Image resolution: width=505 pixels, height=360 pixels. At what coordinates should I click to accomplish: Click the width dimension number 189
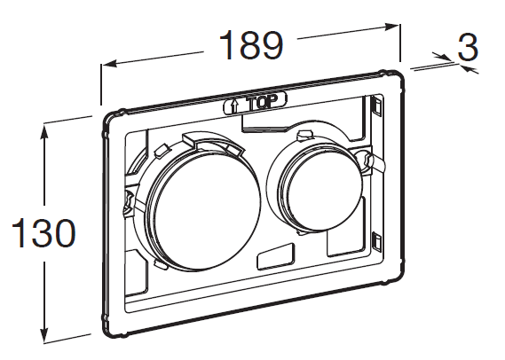[251, 45]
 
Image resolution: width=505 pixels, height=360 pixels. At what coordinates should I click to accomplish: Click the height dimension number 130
[43, 232]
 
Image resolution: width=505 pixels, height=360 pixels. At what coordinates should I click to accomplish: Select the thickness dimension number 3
[468, 48]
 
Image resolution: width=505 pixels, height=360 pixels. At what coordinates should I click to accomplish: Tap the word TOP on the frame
[261, 102]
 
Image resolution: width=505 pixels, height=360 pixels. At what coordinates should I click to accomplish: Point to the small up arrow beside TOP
[233, 106]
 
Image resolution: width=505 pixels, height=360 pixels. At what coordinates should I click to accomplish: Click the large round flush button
[204, 212]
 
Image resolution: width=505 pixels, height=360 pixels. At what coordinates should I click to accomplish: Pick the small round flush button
[320, 193]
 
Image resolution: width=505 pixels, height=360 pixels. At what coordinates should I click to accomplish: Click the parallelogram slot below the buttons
[276, 256]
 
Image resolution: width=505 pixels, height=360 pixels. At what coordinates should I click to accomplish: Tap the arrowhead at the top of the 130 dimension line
[44, 132]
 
